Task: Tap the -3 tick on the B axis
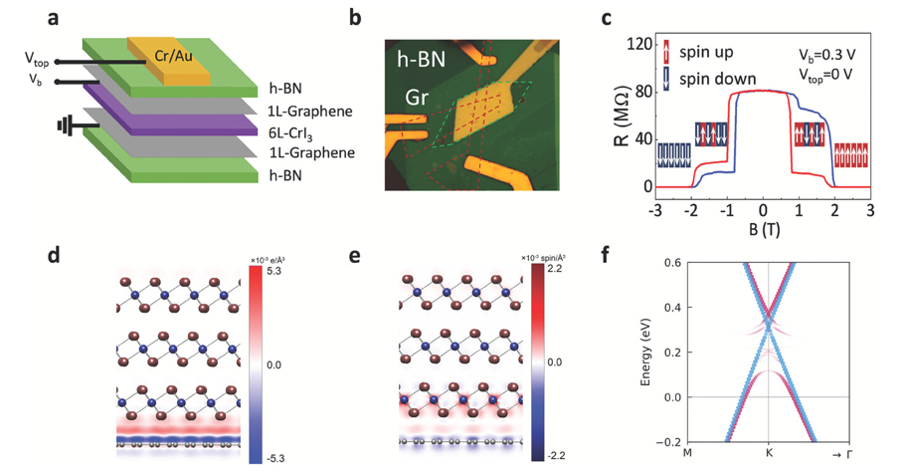654,212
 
